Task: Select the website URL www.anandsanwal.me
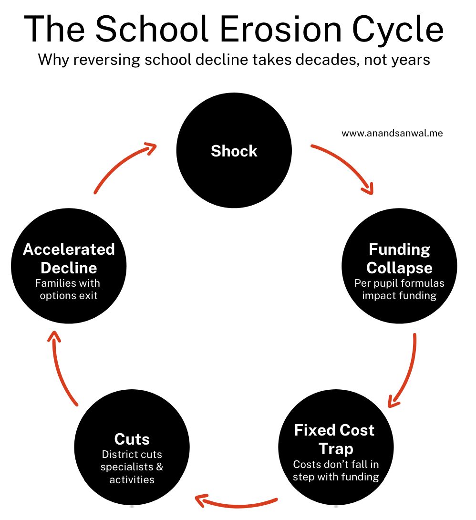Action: coord(392,134)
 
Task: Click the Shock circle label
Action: coord(234,151)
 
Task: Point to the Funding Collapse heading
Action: coord(399,258)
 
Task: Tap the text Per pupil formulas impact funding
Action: coord(399,290)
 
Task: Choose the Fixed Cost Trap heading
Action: coord(334,439)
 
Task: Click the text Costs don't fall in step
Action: coord(336,470)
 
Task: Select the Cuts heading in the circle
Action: coord(132,439)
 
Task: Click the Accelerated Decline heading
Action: coord(69,258)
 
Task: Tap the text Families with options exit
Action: coord(68,290)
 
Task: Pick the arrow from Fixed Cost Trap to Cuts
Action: coord(236,502)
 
